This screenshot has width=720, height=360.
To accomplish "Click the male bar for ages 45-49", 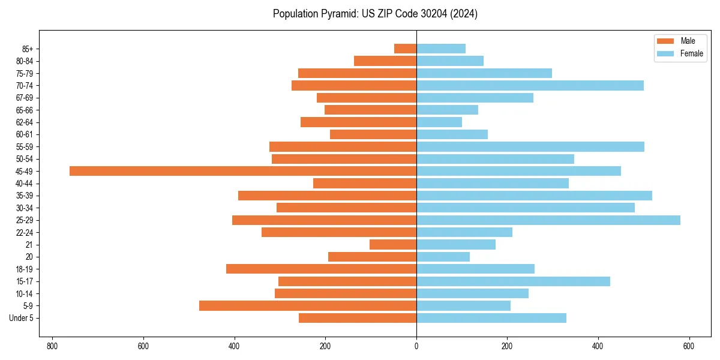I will [x=243, y=171].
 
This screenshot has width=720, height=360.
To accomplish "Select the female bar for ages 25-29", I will [x=548, y=220].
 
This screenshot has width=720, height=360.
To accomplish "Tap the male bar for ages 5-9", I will [x=308, y=305].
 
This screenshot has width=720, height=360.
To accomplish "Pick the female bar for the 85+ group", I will [x=441, y=49].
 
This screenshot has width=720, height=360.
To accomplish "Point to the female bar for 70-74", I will [x=530, y=85].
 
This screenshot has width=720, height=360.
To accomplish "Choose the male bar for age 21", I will [x=393, y=245].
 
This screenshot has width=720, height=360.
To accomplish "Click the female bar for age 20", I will [x=443, y=257].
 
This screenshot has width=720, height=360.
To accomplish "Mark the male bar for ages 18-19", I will [x=321, y=269].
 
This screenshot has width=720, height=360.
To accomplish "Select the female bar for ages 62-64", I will [x=439, y=122].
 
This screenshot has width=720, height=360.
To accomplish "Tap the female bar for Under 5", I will [x=491, y=318].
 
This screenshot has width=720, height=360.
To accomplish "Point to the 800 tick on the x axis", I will [x=52, y=346].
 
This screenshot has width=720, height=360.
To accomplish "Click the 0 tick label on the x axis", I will [x=416, y=346].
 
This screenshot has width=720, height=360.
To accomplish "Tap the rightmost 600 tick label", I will [x=688, y=346].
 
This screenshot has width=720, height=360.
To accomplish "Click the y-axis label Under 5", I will [x=21, y=318].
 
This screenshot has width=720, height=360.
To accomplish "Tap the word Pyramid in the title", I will [x=339, y=14].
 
